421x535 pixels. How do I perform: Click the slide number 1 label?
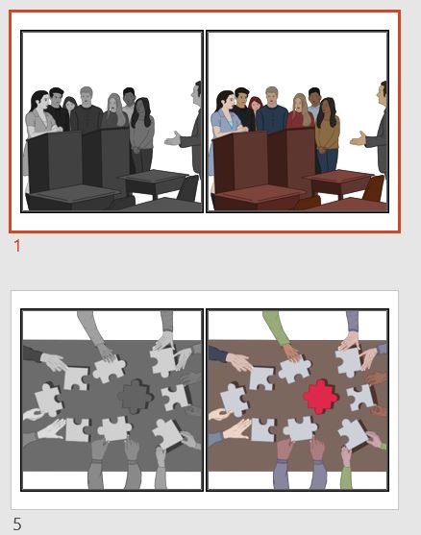(x=16, y=246)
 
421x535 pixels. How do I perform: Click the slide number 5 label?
(x=17, y=524)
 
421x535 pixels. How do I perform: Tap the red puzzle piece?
(x=319, y=395)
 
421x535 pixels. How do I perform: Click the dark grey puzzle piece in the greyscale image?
(x=134, y=395)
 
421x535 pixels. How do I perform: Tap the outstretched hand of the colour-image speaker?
(x=359, y=139)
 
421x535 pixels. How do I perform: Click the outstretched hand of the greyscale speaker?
(x=173, y=139)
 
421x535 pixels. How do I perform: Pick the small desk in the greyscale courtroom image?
(x=153, y=181)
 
